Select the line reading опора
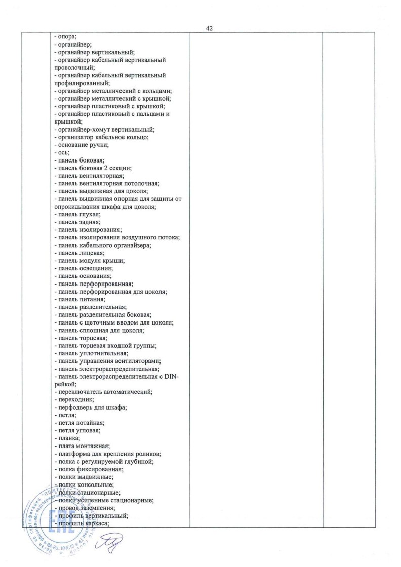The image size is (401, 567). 63,36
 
